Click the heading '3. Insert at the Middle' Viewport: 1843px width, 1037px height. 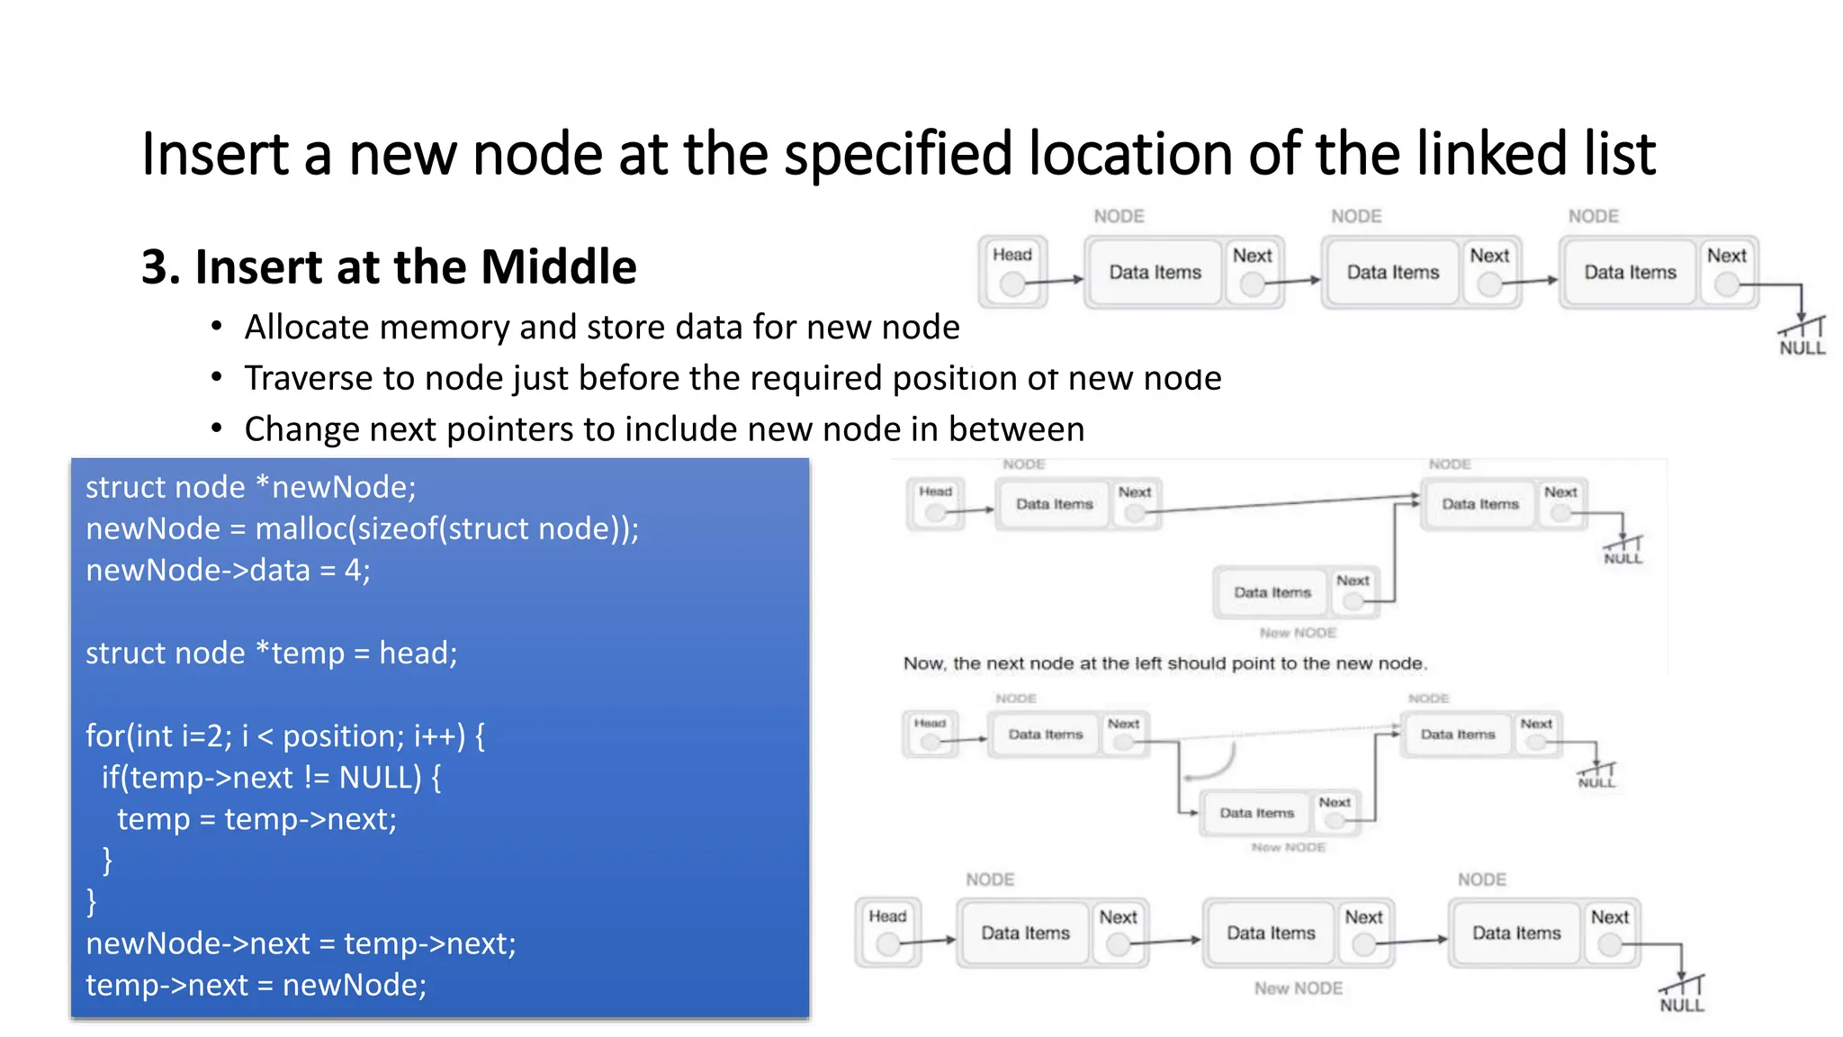click(389, 267)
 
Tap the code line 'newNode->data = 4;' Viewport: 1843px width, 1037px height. click(228, 571)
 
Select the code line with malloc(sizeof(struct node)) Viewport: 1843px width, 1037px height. click(362, 529)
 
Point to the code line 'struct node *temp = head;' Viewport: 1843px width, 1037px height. click(271, 654)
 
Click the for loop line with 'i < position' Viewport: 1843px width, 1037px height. click(284, 736)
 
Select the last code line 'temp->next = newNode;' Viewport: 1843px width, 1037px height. click(256, 986)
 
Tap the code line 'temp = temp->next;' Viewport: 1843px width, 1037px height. click(256, 820)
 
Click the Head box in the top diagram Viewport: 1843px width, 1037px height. click(1012, 272)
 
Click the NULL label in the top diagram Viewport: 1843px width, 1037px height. click(1802, 348)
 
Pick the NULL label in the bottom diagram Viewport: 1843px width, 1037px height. click(1681, 1005)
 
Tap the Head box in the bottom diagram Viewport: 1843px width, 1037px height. click(887, 933)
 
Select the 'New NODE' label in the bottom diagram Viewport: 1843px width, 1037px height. click(1298, 988)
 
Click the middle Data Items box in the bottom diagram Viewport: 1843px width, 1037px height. click(1271, 933)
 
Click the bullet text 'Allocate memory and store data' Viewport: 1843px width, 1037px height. click(601, 328)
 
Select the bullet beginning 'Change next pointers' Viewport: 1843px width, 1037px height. click(663, 429)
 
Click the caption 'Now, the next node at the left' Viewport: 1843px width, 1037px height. click(1164, 664)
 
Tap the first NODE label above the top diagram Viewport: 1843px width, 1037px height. click(1119, 217)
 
